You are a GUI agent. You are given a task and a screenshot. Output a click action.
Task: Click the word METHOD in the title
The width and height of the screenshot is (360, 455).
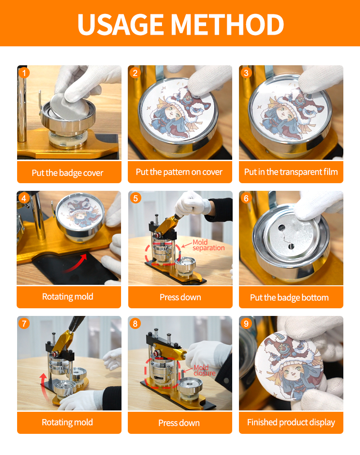point(227,24)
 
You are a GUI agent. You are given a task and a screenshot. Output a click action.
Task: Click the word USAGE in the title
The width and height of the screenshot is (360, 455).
point(121,24)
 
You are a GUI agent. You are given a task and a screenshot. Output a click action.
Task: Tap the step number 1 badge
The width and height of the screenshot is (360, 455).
point(24,72)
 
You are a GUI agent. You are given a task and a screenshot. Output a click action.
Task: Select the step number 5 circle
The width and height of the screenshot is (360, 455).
point(135,198)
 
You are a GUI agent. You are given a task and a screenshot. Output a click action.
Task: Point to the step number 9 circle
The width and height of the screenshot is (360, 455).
point(246,323)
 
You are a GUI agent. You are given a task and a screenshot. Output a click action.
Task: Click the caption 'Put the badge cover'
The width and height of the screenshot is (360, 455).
point(67,173)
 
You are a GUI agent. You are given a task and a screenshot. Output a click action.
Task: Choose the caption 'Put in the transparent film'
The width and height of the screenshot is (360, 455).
point(291,172)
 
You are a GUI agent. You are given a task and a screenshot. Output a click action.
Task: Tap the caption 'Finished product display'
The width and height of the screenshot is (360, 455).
point(291,422)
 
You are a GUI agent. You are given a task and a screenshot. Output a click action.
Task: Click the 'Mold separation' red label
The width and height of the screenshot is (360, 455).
point(208,245)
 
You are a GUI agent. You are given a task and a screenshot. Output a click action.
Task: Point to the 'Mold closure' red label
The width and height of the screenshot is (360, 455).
point(204,370)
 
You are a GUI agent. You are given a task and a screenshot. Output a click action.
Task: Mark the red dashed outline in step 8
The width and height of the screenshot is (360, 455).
point(145,373)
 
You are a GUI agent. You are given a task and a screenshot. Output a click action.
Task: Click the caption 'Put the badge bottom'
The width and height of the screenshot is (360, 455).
point(289,298)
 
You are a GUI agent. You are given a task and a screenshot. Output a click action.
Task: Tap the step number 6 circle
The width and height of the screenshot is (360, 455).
point(246,198)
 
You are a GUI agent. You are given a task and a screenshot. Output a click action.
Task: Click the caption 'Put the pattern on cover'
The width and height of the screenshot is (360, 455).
point(179,172)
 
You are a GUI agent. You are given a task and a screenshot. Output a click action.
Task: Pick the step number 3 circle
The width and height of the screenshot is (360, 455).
point(246,72)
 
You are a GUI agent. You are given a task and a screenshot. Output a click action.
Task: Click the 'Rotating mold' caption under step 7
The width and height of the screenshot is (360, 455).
point(67,422)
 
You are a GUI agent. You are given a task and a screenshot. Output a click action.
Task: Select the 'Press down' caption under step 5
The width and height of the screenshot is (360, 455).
point(180,297)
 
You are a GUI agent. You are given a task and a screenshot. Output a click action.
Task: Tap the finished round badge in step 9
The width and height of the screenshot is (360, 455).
point(288,365)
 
